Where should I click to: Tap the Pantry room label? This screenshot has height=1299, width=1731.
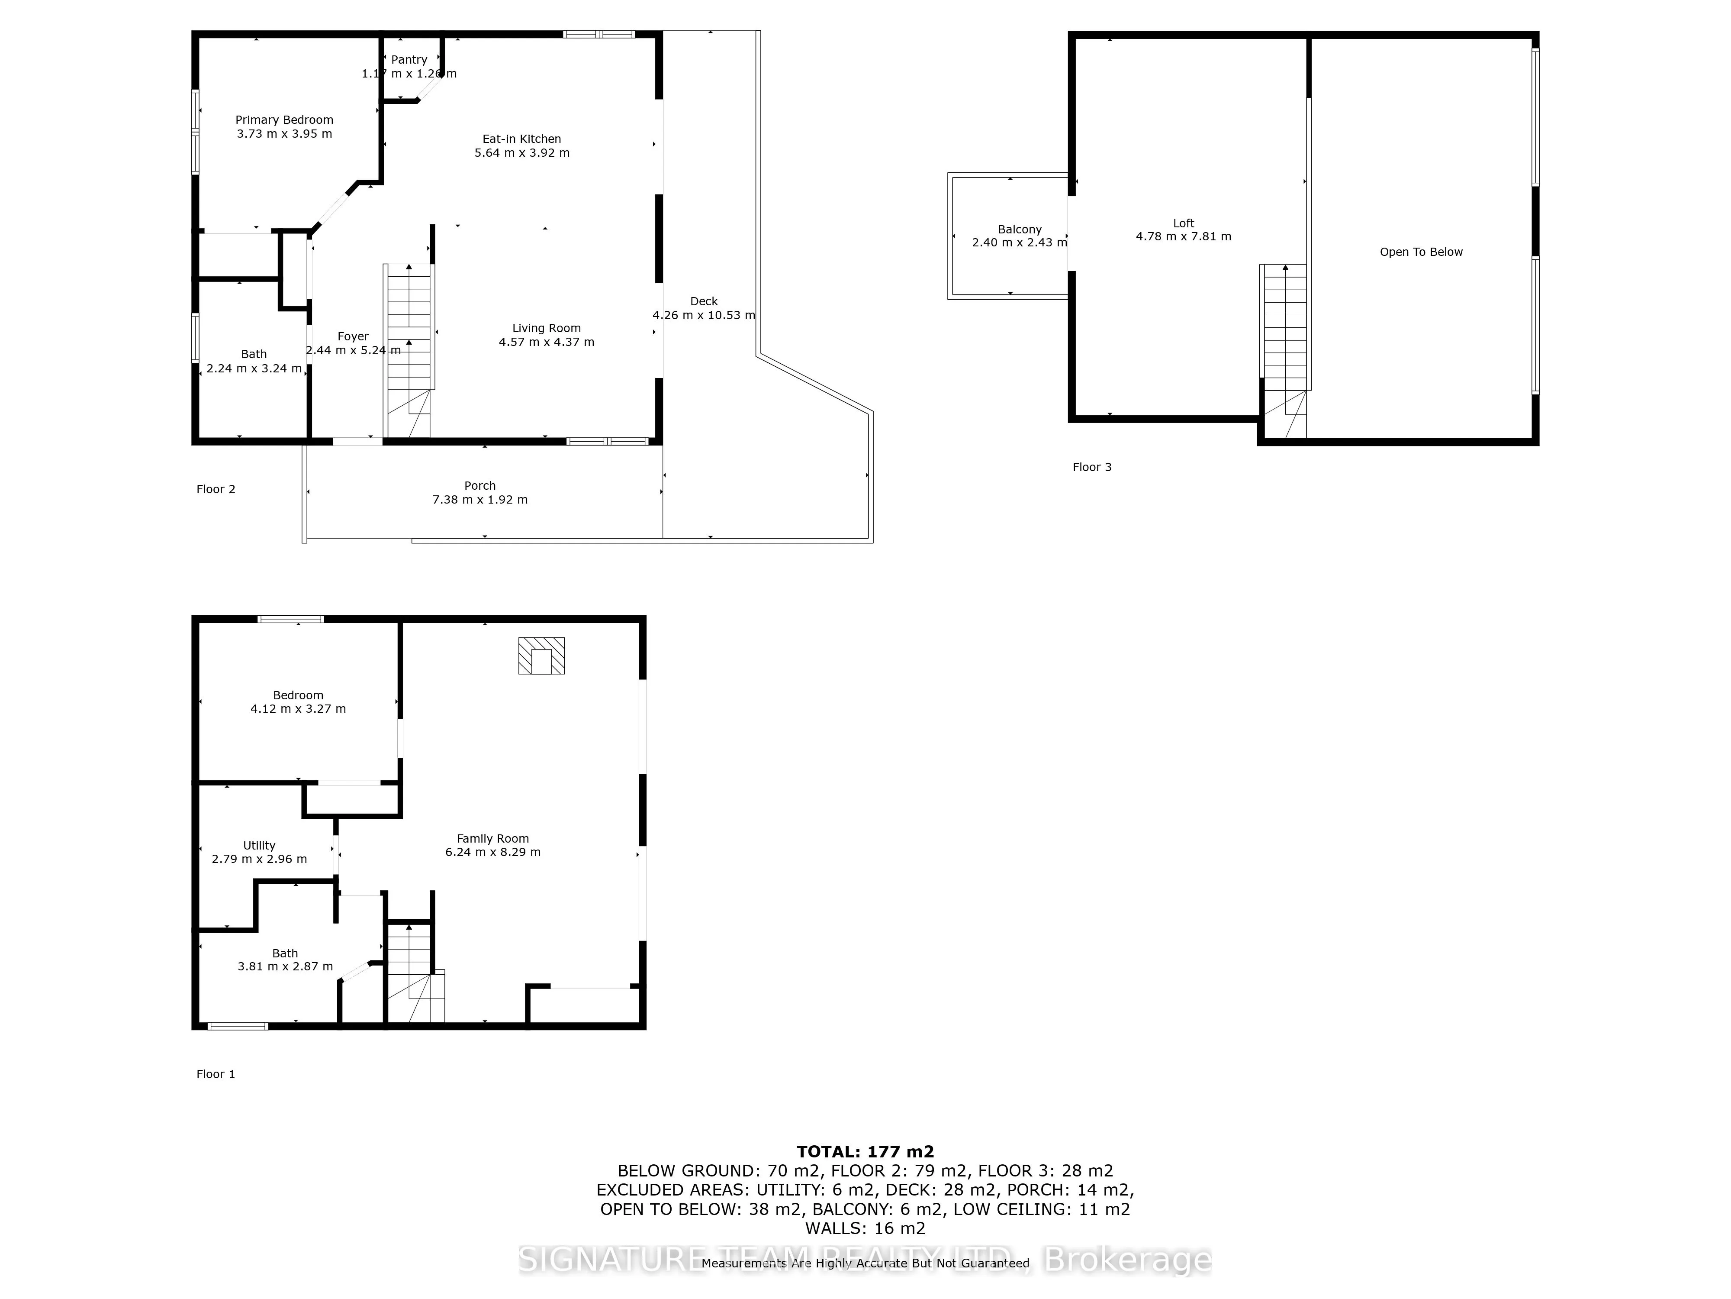(x=409, y=59)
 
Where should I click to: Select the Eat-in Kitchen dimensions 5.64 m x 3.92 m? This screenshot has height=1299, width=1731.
(x=522, y=153)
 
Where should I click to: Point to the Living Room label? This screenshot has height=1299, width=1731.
(x=546, y=328)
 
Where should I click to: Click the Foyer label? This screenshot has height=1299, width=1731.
(x=353, y=336)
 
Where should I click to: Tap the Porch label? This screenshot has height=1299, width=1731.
(x=479, y=485)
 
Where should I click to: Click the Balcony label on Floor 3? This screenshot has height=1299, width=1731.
(x=1020, y=229)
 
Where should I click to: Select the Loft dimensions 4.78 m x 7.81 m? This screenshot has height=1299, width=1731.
(x=1183, y=236)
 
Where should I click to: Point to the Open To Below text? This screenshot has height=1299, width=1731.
(x=1421, y=252)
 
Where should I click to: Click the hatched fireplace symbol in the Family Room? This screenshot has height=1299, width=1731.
(x=541, y=656)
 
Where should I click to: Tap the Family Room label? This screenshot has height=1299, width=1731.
(x=493, y=839)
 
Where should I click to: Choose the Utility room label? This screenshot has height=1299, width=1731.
(x=259, y=846)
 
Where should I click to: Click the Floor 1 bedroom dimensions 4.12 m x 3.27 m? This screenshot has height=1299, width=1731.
(x=298, y=709)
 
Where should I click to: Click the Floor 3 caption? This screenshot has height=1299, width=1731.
(x=1092, y=468)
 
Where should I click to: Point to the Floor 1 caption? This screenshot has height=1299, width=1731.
(x=215, y=1074)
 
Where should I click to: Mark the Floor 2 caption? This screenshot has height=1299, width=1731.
(x=215, y=489)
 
